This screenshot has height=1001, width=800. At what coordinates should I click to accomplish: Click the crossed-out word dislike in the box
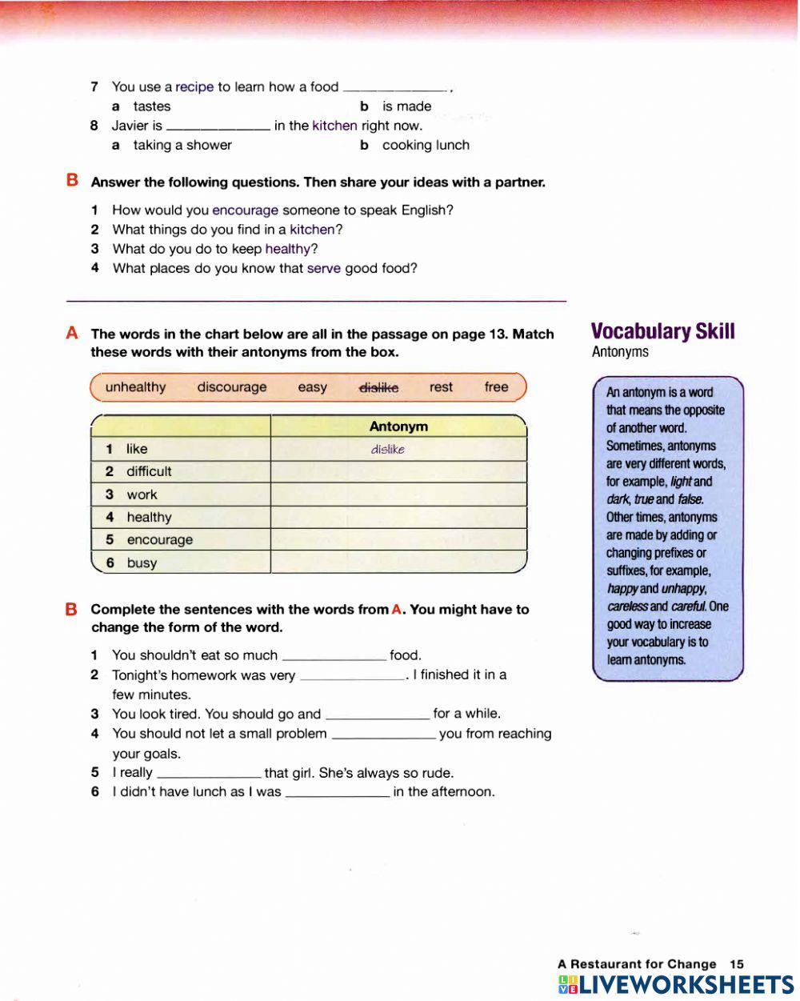pyautogui.click(x=378, y=387)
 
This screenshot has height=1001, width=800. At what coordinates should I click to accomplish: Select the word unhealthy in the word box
pyautogui.click(x=135, y=387)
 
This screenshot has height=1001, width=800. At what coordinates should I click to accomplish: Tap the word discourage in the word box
pyautogui.click(x=232, y=387)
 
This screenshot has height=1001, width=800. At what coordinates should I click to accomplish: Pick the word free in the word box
pyautogui.click(x=496, y=387)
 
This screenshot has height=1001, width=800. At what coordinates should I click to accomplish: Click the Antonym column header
pyautogui.click(x=398, y=426)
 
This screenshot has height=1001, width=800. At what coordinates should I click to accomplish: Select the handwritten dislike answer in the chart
pyautogui.click(x=387, y=450)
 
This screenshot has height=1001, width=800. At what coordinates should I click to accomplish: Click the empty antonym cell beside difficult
pyautogui.click(x=398, y=472)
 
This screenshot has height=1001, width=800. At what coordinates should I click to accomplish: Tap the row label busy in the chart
pyautogui.click(x=142, y=563)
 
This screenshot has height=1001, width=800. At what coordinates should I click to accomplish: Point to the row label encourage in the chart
pyautogui.click(x=159, y=540)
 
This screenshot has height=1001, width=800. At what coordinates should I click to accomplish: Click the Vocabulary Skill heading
pyautogui.click(x=662, y=332)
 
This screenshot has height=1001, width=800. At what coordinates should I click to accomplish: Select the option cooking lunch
pyautogui.click(x=426, y=146)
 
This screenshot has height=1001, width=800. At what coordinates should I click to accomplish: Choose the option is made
pyautogui.click(x=406, y=106)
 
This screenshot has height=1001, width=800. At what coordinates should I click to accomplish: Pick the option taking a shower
pyautogui.click(x=182, y=146)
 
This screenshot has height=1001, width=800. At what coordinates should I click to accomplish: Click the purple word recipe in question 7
pyautogui.click(x=194, y=87)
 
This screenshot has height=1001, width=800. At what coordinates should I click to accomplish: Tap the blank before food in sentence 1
pyautogui.click(x=334, y=656)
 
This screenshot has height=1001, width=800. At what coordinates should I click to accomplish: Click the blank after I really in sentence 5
pyautogui.click(x=209, y=774)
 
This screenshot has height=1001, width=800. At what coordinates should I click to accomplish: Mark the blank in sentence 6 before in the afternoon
pyautogui.click(x=337, y=793)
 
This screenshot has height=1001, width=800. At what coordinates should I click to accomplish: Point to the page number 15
pyautogui.click(x=737, y=964)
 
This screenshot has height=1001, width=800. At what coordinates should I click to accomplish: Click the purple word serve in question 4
pyautogui.click(x=324, y=269)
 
